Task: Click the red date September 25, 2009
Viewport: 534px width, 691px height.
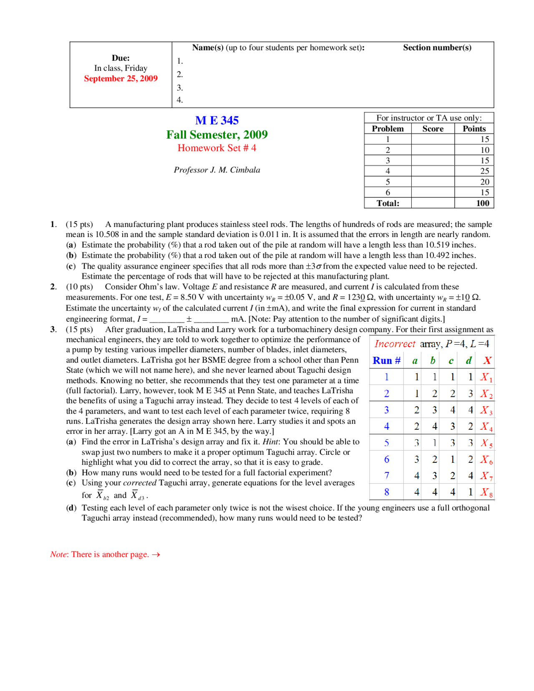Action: click(x=121, y=78)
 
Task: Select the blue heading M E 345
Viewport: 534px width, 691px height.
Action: click(x=217, y=121)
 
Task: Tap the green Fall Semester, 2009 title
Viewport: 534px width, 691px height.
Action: click(x=217, y=135)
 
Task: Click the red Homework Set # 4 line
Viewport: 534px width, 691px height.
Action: click(x=217, y=148)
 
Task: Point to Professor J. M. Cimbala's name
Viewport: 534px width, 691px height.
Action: click(x=217, y=170)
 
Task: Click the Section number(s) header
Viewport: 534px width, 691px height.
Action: click(x=437, y=48)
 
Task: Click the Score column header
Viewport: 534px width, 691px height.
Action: click(x=433, y=129)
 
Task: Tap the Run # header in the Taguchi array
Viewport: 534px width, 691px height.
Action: click(x=386, y=361)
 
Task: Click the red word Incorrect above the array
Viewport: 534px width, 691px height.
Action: click(x=395, y=344)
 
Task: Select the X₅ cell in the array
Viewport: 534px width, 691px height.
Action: click(x=486, y=443)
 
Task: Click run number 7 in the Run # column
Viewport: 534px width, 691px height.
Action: click(x=386, y=476)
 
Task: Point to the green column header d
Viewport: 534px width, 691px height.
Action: click(x=469, y=361)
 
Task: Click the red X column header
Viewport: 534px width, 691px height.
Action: click(x=487, y=361)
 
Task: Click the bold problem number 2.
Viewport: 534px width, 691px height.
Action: click(x=53, y=287)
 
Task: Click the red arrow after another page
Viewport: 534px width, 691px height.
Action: click(x=156, y=555)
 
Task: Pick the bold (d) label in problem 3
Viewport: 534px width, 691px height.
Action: click(x=71, y=508)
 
